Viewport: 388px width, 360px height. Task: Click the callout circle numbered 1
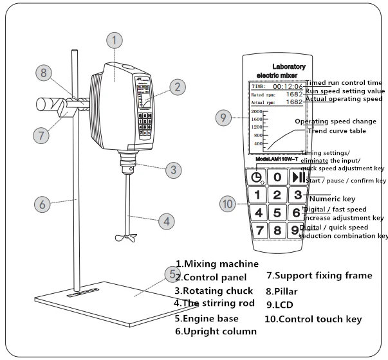[x=114, y=40]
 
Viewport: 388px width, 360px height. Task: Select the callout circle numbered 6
[x=42, y=204]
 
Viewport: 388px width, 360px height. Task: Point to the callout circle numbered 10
[x=226, y=204]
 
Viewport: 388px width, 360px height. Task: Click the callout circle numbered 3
[x=172, y=170]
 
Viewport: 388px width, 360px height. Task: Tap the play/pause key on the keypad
[x=297, y=177]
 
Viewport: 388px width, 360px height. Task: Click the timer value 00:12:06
[x=287, y=85]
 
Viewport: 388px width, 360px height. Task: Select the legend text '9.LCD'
[x=282, y=305]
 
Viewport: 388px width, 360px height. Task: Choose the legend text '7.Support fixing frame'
[x=319, y=276]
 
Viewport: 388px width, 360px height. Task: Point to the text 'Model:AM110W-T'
[x=277, y=159]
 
